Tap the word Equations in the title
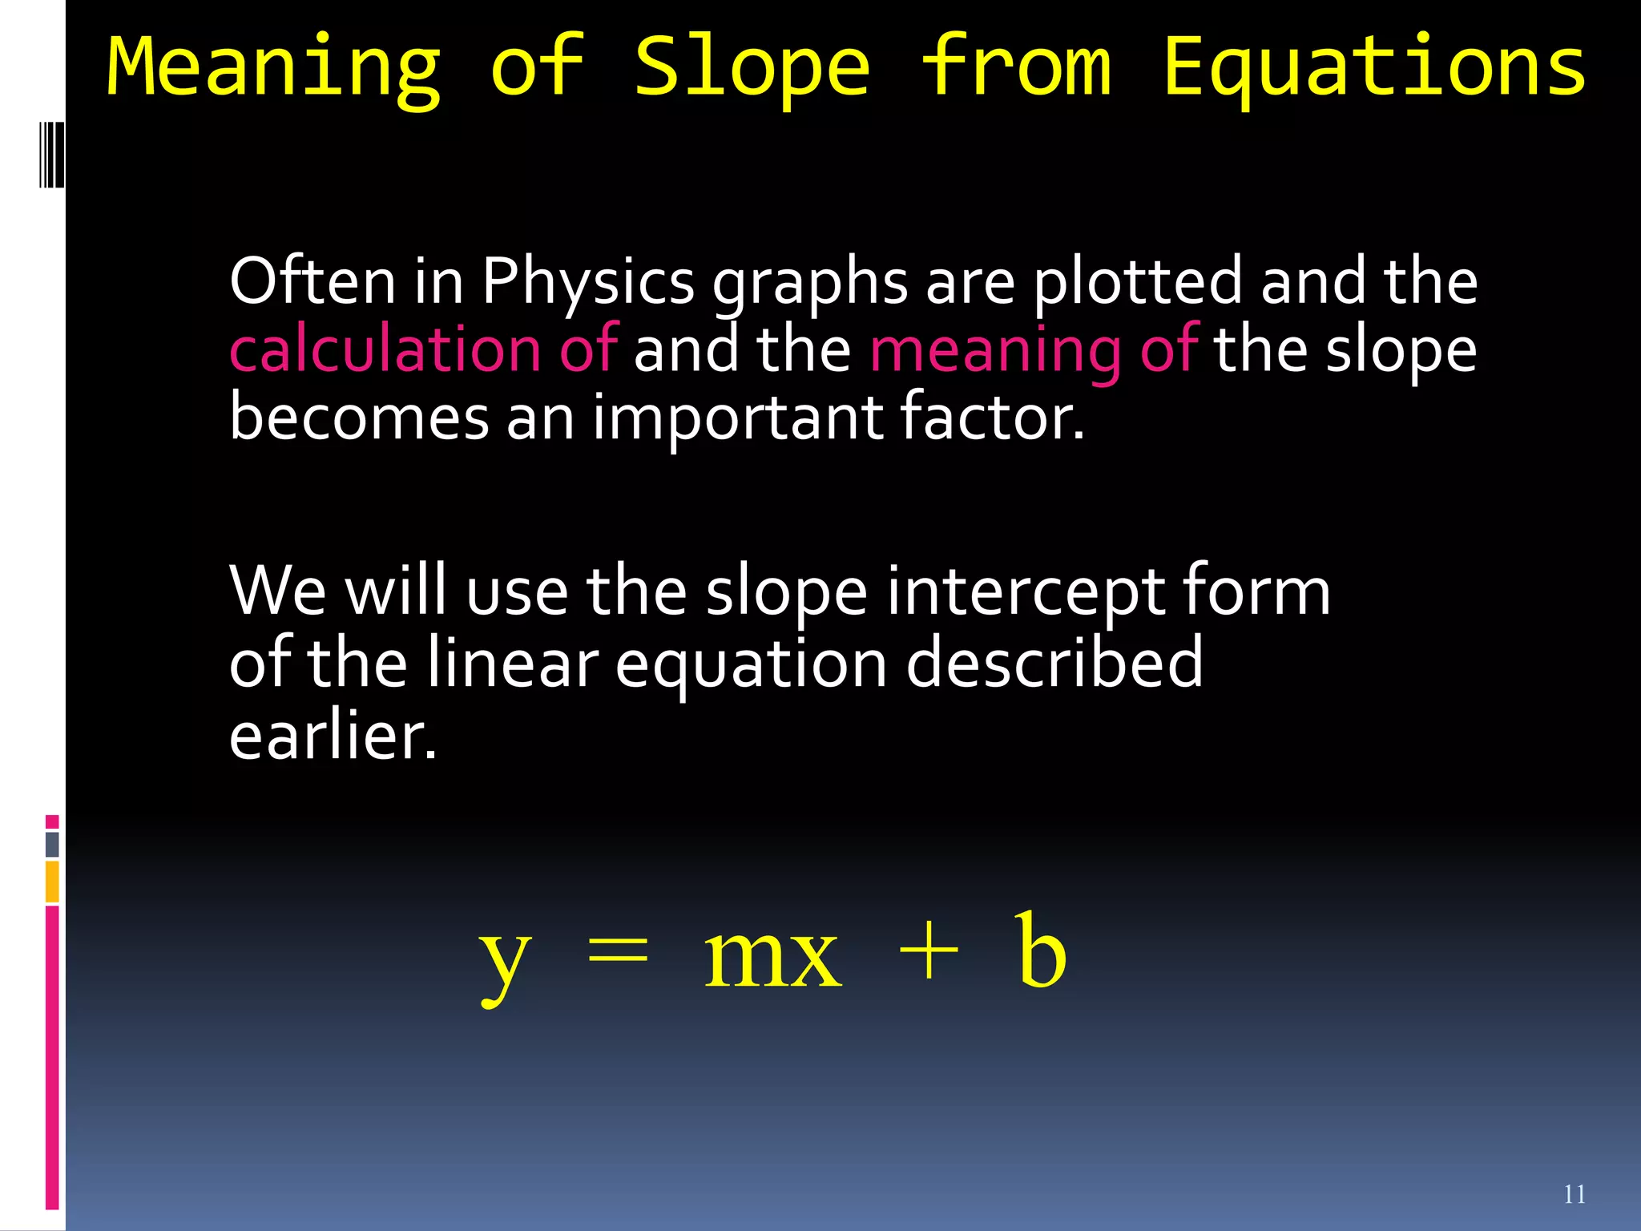click(1373, 67)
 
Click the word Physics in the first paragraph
click(587, 282)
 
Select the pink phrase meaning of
click(1034, 351)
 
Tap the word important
click(737, 418)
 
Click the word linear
click(512, 663)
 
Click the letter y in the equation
click(504, 957)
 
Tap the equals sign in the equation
click(617, 954)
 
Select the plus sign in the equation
click(929, 954)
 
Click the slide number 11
click(1574, 1194)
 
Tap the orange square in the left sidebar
click(52, 881)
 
